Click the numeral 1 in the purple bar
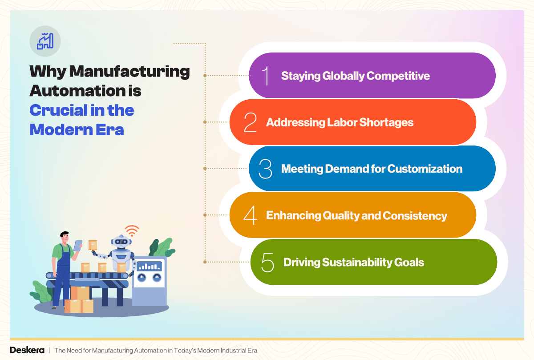pyautogui.click(x=266, y=76)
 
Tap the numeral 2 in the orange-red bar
pyautogui.click(x=250, y=122)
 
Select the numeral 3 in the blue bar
pyautogui.click(x=265, y=169)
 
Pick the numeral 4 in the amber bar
pyautogui.click(x=250, y=215)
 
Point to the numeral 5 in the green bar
pyautogui.click(x=267, y=262)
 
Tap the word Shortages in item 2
pyautogui.click(x=392, y=122)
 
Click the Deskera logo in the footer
pyautogui.click(x=27, y=350)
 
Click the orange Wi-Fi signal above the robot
pyautogui.click(x=132, y=231)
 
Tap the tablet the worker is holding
pyautogui.click(x=78, y=245)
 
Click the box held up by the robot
pyautogui.click(x=93, y=245)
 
